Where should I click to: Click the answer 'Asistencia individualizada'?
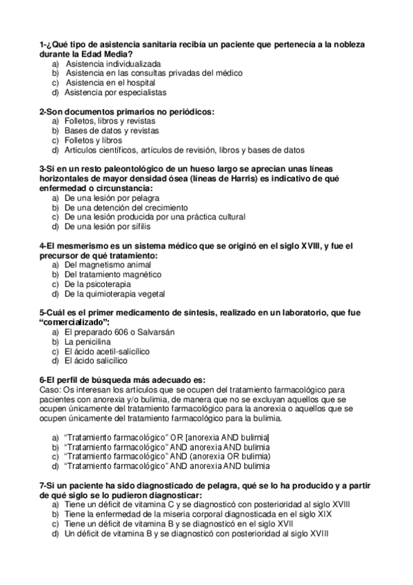click(112, 63)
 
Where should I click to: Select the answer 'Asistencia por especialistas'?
click(115, 92)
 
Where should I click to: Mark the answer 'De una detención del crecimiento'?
click(126, 207)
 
